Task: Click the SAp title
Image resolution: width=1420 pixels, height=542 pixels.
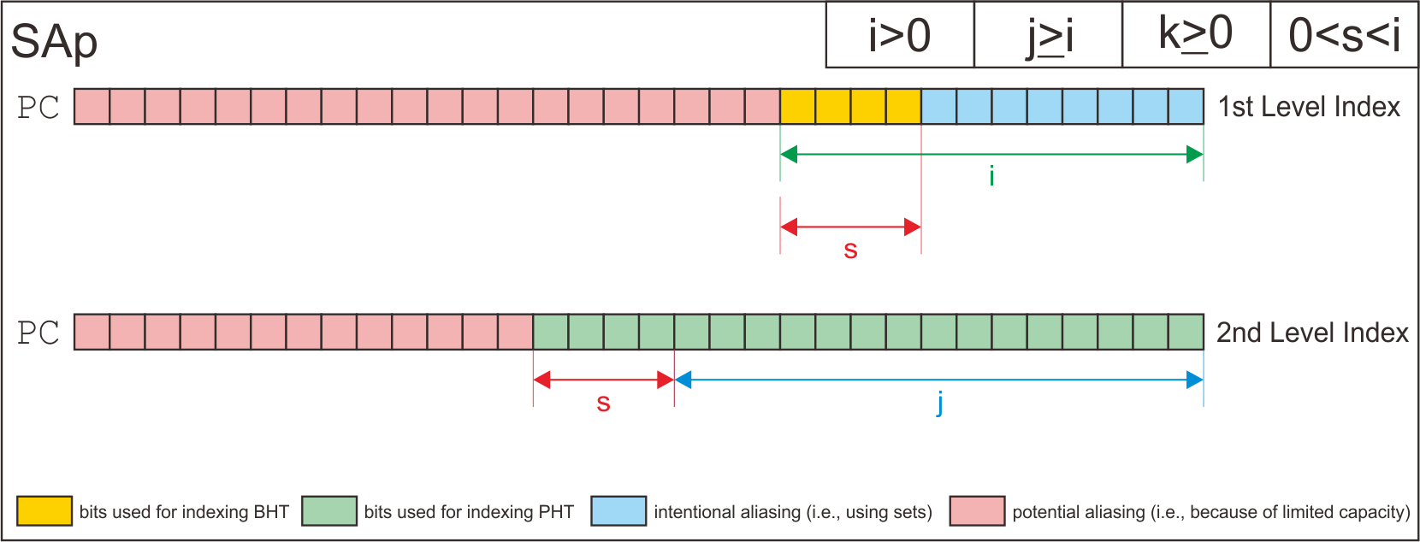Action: click(x=54, y=41)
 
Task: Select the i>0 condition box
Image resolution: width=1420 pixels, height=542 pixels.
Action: click(x=900, y=36)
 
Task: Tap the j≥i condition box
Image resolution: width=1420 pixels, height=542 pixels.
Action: click(x=1049, y=36)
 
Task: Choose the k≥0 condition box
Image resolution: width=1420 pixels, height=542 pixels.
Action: click(x=1196, y=36)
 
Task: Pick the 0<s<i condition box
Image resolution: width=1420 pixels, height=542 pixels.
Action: click(x=1344, y=36)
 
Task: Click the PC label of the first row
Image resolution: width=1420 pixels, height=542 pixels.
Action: click(x=38, y=108)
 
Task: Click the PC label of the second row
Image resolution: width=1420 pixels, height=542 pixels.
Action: click(x=38, y=333)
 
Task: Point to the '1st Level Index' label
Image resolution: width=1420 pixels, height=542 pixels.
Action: click(x=1309, y=107)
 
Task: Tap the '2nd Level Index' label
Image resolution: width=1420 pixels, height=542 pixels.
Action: click(x=1312, y=333)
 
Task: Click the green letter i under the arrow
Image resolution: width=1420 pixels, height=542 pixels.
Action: click(x=991, y=176)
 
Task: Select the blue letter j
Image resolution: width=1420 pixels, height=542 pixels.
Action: click(x=940, y=402)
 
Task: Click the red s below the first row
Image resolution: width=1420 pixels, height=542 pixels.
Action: click(x=850, y=250)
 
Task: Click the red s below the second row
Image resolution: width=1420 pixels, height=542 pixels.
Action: click(x=603, y=404)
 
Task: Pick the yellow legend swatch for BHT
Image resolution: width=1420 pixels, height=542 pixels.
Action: click(x=44, y=511)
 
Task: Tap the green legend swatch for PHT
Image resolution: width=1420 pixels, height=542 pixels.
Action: click(x=329, y=511)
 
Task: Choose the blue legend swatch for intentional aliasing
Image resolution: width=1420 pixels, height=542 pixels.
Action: click(x=618, y=511)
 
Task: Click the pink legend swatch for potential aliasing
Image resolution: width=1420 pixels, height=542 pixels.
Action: click(x=977, y=511)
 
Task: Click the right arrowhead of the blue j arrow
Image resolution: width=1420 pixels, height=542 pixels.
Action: click(x=1195, y=380)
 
